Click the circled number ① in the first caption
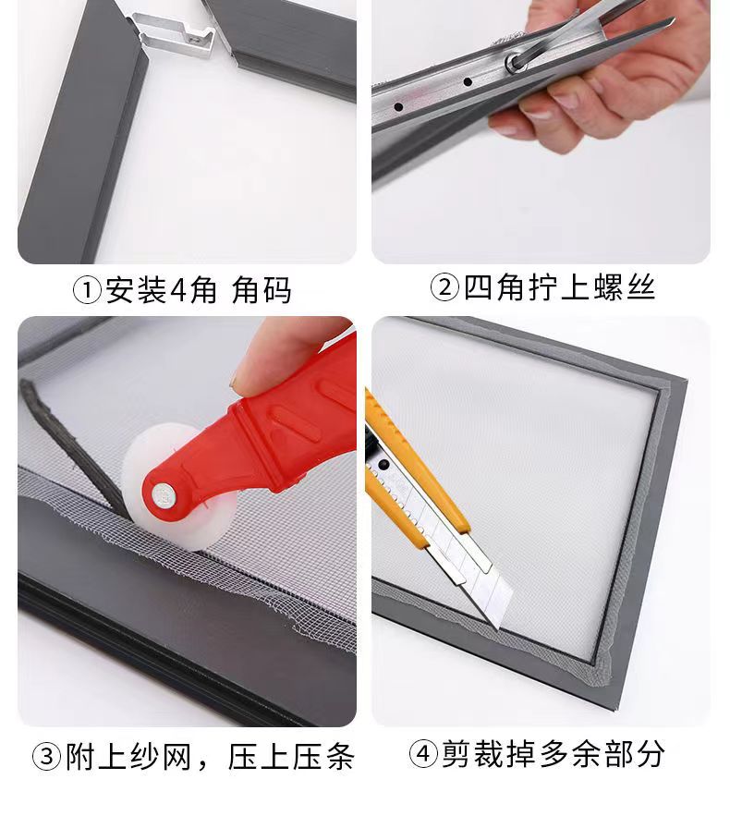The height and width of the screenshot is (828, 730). coord(86,290)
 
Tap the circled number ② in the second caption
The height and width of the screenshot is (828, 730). coord(444,287)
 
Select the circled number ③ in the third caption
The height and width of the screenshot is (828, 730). coord(47,756)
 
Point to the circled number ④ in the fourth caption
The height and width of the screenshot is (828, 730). coord(423,753)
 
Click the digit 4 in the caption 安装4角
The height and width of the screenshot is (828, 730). coord(179,290)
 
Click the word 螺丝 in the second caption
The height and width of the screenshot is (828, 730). coord(625,287)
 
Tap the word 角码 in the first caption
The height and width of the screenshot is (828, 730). coord(262,290)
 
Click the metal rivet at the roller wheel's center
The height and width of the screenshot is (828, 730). coord(164,495)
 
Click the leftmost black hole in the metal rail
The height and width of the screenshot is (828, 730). coord(399,107)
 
